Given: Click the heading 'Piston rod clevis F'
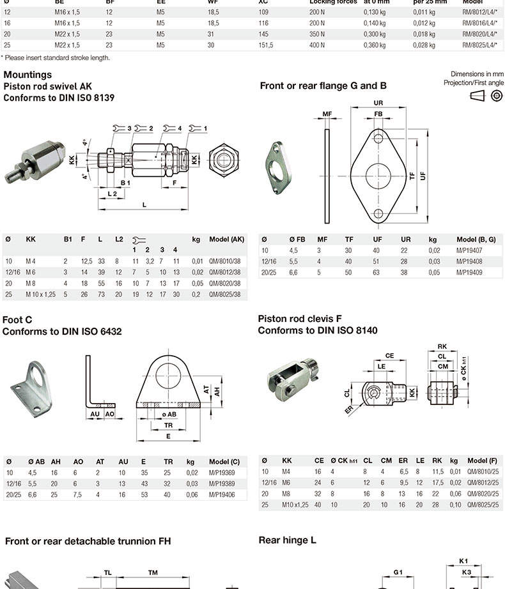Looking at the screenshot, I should [300, 319].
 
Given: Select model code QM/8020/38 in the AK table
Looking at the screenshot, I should [227, 282].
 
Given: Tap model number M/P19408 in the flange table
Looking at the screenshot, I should [471, 261].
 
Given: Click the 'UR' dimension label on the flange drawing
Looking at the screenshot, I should [378, 103].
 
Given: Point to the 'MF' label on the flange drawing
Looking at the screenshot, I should [327, 114].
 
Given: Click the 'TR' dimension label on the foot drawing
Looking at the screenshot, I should [168, 425].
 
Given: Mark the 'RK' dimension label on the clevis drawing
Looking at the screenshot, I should [442, 347].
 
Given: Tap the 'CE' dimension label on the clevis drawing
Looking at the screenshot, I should [389, 356].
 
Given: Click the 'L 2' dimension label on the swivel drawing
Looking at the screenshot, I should [112, 192].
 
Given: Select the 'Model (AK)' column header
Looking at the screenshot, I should [226, 240].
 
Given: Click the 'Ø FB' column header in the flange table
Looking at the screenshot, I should [297, 239].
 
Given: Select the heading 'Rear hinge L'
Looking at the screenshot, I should [287, 540].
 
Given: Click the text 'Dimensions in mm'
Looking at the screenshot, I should [477, 74].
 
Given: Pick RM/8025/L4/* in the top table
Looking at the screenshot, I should [480, 45].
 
